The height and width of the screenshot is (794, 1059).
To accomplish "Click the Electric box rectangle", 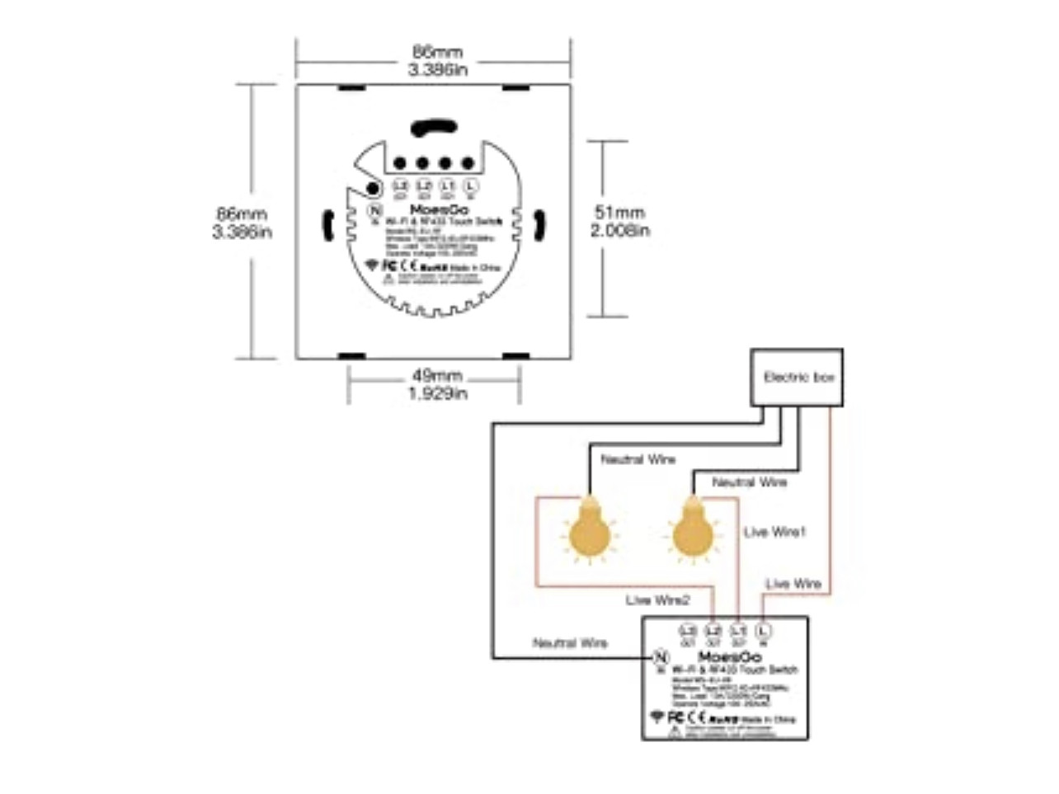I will click(x=797, y=377).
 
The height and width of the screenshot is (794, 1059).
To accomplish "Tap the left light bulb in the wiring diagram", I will click(x=588, y=534).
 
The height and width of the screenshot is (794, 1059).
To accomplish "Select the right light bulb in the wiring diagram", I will click(x=692, y=534).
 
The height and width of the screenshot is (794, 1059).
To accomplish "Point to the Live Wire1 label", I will click(x=774, y=532).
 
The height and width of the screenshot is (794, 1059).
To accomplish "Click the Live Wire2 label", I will click(x=657, y=600).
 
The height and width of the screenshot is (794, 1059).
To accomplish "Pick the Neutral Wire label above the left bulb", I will click(x=638, y=459).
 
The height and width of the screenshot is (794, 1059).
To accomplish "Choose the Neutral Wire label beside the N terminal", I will click(x=570, y=643).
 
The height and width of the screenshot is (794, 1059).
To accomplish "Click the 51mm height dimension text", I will click(x=619, y=213).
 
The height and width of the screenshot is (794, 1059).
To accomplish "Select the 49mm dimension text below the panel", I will click(x=437, y=376).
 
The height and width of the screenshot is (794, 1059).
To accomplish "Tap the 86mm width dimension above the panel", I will click(x=437, y=52).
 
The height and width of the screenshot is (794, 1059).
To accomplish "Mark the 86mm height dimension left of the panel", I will click(x=242, y=214).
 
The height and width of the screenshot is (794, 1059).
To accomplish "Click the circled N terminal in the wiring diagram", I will click(x=661, y=657).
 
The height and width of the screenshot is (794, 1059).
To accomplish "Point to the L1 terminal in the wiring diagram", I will click(x=738, y=632).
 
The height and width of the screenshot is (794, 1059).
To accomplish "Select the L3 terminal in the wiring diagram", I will click(x=688, y=632).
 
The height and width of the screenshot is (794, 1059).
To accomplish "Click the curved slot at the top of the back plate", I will click(x=434, y=128).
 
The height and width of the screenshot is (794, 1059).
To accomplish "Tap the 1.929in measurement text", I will click(x=438, y=394).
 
